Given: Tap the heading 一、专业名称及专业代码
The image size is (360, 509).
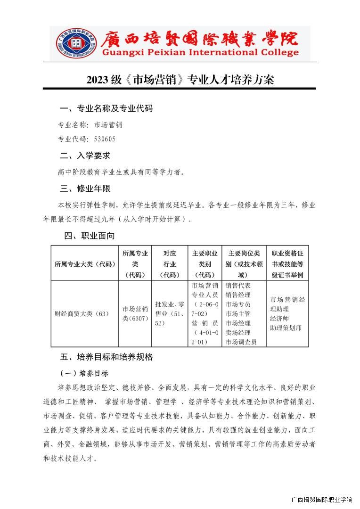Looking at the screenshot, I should point(106,108).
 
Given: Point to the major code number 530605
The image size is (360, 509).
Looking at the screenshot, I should point(105,139).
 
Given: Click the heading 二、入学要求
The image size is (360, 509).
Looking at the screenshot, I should point(85,156).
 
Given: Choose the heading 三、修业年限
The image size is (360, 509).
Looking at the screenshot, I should point(85,189).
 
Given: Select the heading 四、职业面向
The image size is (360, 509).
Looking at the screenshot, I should point(90,236).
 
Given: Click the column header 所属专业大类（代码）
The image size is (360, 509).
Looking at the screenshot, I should point(85,264).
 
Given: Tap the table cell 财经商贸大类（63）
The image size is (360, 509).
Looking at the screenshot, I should point(82,313).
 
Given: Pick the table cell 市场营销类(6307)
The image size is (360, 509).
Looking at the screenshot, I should point(135,314).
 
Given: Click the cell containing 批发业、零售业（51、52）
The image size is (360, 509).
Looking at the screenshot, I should point(169,313).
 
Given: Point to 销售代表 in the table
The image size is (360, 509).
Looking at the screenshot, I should point(238,286).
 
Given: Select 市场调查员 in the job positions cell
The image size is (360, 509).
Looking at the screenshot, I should point(241,342).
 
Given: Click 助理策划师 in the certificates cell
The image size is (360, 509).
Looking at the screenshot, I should point(286,328).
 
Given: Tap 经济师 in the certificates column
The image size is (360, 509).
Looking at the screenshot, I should point(279,318).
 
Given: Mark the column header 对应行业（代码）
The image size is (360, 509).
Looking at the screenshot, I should point(169,264).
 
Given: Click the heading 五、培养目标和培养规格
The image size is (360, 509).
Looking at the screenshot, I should point(106,357).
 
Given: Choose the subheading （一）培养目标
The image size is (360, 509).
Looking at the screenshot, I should point(84,373).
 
